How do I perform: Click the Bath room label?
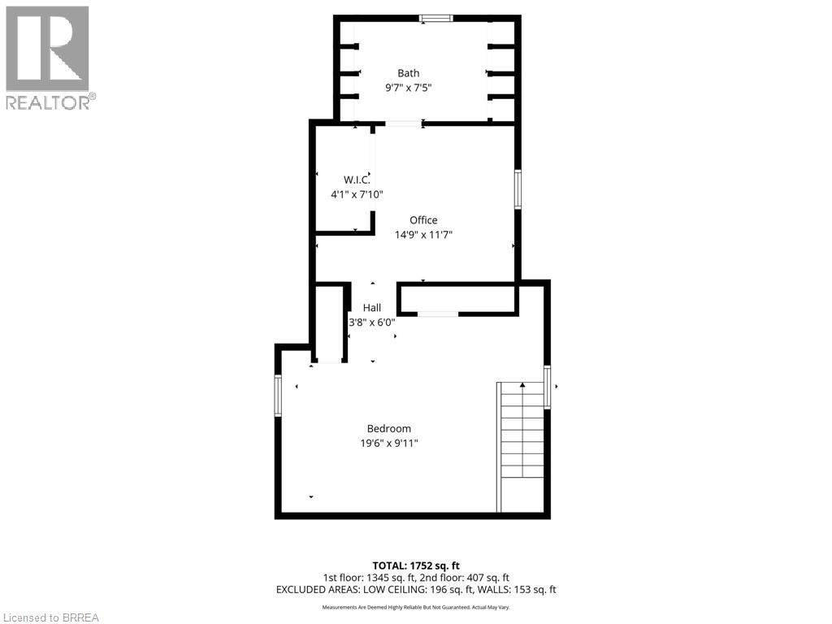click(x=408, y=73)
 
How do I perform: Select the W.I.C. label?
click(x=356, y=180)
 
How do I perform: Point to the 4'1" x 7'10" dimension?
click(x=356, y=194)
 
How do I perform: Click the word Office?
click(x=423, y=220)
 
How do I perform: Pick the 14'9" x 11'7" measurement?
click(x=423, y=235)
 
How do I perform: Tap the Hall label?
click(x=372, y=308)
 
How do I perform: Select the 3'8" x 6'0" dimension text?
click(x=372, y=322)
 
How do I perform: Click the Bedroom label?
click(x=388, y=428)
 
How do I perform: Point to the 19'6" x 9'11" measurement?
click(x=388, y=443)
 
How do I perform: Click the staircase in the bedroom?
click(x=521, y=447)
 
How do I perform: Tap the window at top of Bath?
click(x=436, y=18)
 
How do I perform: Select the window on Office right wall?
click(x=517, y=189)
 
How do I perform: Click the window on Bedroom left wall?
click(x=278, y=396)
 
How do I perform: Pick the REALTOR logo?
click(x=48, y=58)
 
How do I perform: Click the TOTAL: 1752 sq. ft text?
click(x=416, y=565)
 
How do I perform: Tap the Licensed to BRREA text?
click(x=50, y=617)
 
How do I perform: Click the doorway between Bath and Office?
click(x=403, y=123)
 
